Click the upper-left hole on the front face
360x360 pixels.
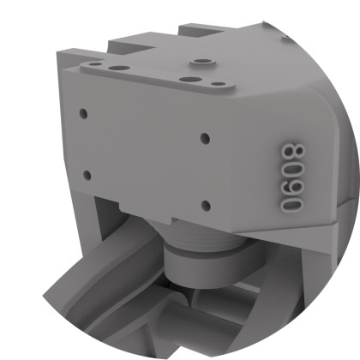(x=83, y=113)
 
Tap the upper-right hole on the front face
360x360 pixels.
(x=204, y=137)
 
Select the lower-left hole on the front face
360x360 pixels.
(x=87, y=175)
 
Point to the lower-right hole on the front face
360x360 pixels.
(x=205, y=204)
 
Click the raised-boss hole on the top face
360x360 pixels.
(x=202, y=63)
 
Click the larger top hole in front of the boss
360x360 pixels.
(x=186, y=79)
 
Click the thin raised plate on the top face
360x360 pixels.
(x=154, y=72)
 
